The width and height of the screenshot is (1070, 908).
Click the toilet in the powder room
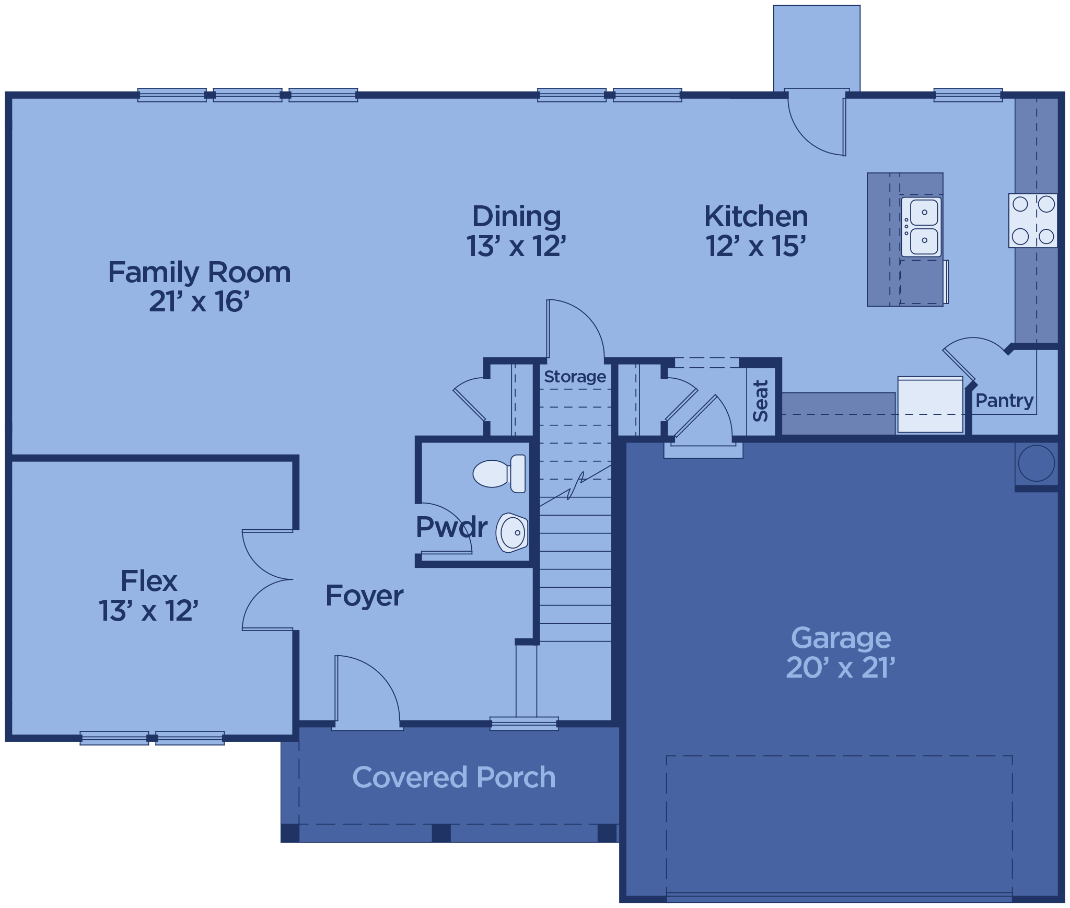pos(499,473)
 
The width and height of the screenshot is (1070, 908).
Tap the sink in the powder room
pos(512,533)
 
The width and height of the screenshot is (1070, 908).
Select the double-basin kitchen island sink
pos(921,227)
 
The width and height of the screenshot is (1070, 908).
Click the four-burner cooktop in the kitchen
pos(1033,220)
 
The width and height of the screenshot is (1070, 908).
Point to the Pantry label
pos(1005,401)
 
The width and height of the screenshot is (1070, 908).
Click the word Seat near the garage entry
pos(760,401)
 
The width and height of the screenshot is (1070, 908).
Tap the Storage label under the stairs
pos(575,377)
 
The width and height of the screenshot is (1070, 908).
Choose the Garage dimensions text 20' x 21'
pos(841,668)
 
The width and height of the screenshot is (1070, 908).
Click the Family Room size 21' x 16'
pos(199,301)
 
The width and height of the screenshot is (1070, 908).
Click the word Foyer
pos(364,596)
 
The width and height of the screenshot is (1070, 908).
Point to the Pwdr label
pos(451,527)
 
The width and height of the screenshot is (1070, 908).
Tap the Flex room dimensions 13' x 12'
pos(148,610)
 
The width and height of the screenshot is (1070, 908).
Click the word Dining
pos(517,216)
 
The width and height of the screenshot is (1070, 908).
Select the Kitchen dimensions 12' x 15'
pos(755,246)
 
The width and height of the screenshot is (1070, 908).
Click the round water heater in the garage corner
pos(1037,463)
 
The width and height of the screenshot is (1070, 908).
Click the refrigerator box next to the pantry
pos(931,405)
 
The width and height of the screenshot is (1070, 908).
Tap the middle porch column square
pos(441,833)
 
